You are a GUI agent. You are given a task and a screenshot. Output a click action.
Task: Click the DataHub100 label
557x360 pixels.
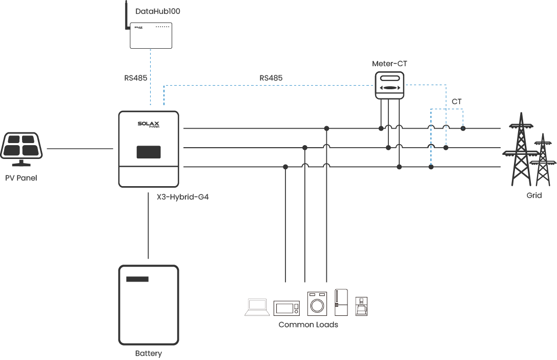(x=158, y=11)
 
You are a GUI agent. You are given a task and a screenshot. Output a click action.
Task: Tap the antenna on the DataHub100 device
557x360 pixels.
(x=127, y=15)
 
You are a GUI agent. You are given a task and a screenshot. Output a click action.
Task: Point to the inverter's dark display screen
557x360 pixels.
(x=149, y=152)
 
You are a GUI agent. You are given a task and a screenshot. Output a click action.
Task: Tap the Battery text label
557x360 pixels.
(x=149, y=353)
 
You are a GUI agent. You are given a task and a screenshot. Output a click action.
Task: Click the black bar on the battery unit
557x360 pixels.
(x=137, y=279)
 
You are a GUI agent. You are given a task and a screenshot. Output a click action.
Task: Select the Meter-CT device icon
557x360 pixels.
(x=389, y=84)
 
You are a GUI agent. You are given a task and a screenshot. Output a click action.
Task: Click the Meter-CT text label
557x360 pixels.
(x=390, y=64)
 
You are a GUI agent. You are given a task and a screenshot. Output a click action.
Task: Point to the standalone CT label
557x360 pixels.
(x=457, y=102)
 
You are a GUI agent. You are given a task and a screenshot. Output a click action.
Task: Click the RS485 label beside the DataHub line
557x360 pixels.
(x=135, y=78)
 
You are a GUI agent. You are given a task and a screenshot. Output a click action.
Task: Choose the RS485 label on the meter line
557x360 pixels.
(x=271, y=78)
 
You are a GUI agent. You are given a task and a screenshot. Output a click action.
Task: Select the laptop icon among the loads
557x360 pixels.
(x=257, y=307)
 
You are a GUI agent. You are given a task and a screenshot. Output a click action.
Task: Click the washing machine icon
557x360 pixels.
(x=317, y=303)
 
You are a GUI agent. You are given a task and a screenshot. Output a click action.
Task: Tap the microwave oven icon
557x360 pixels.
(x=286, y=308)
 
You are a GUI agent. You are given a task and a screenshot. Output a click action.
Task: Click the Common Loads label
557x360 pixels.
(x=308, y=325)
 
